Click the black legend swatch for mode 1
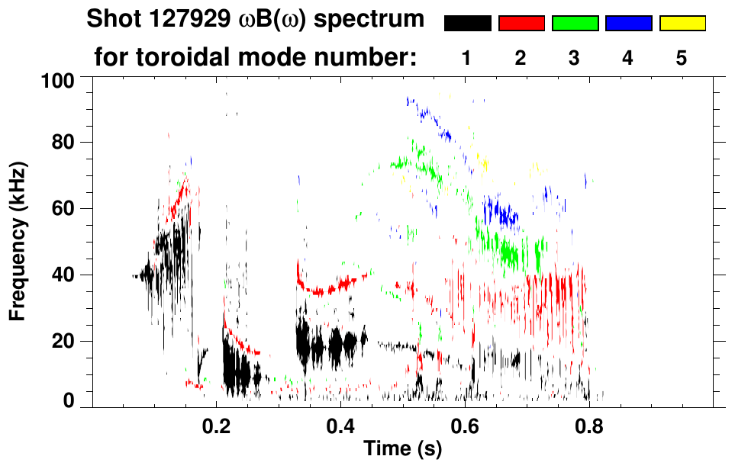467,24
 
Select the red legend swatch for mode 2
521,24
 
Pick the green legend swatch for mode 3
575,24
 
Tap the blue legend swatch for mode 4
628,24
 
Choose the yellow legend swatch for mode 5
682,24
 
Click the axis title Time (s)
402,449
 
